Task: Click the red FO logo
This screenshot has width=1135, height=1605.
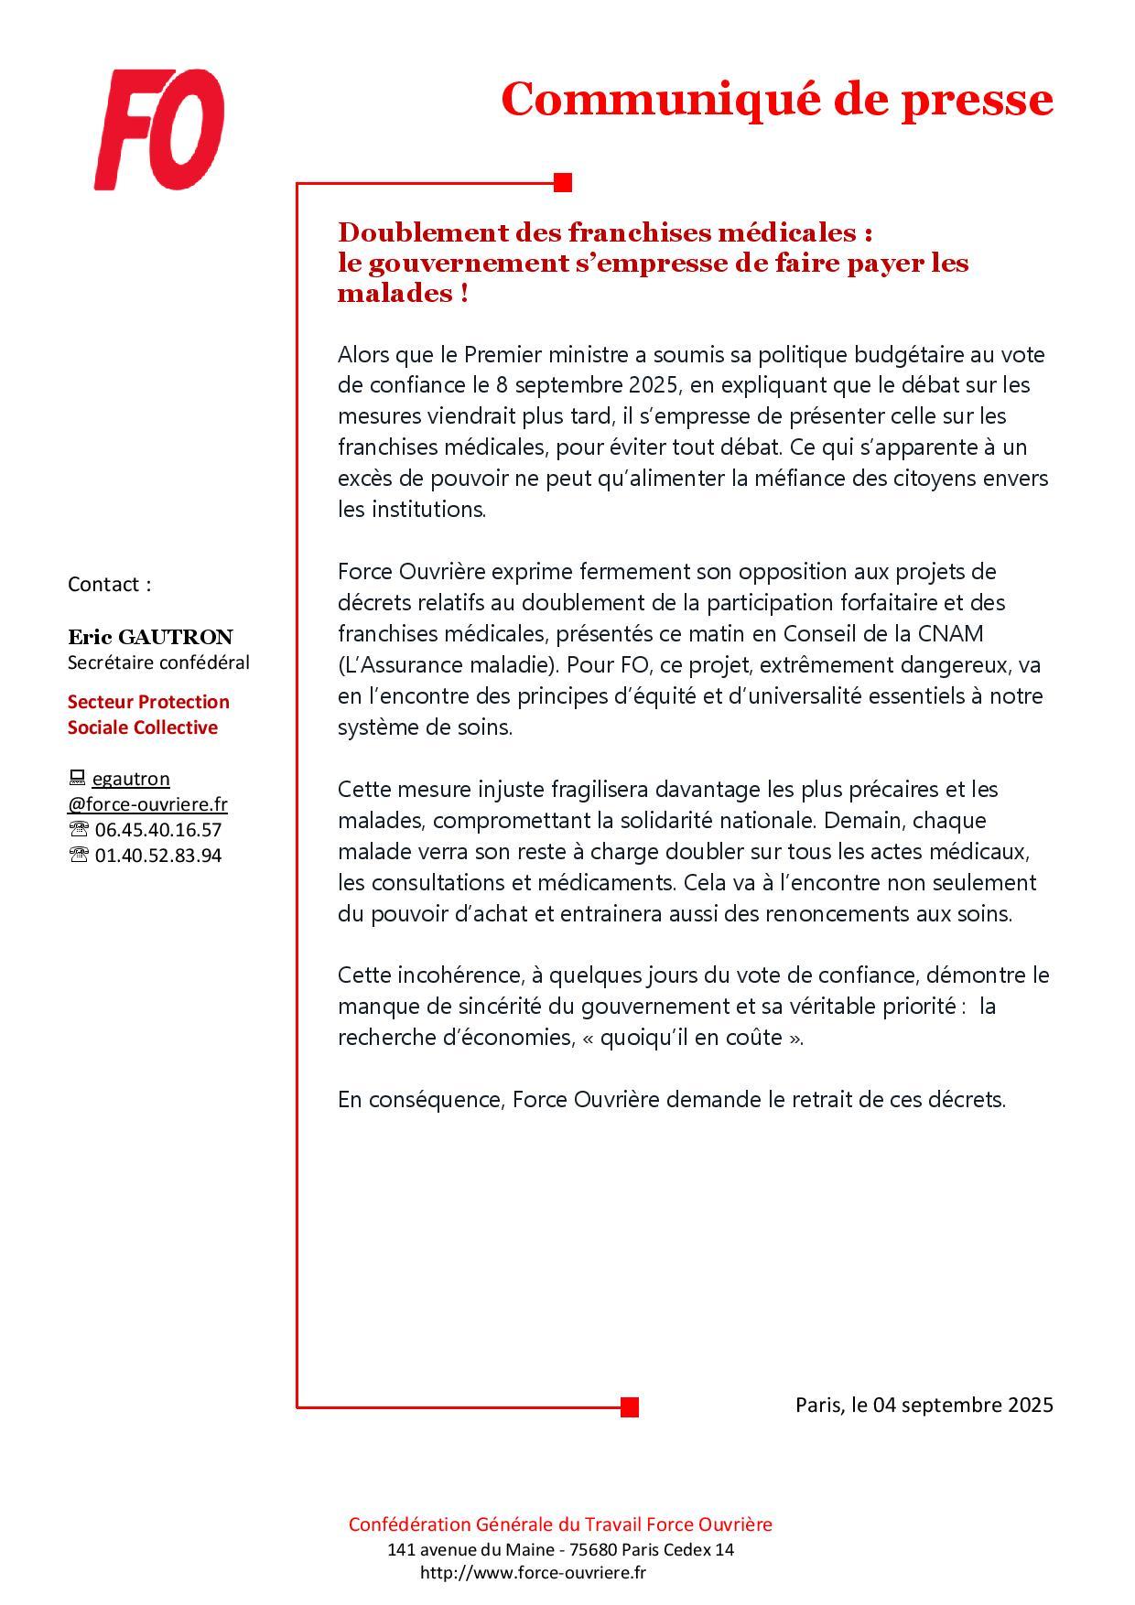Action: point(159,130)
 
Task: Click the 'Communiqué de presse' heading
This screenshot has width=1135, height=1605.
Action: point(776,99)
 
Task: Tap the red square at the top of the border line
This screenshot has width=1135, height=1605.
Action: point(563,183)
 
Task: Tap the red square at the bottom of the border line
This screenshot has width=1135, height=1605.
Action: point(629,1406)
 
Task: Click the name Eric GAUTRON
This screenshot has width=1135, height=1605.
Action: point(150,637)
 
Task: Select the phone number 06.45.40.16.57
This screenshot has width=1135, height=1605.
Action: point(157,830)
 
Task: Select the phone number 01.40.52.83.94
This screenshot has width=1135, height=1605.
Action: point(157,856)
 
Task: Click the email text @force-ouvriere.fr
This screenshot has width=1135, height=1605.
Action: point(147,804)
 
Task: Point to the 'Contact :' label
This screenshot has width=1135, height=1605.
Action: point(109,584)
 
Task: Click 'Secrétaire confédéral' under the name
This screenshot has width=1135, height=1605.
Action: point(158,662)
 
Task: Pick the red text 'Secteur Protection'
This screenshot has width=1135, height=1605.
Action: point(148,702)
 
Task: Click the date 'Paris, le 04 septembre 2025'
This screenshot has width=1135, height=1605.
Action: point(924,1404)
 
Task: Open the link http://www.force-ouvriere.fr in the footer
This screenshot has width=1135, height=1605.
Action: point(533,1572)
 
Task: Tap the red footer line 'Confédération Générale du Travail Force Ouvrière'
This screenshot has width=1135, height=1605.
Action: point(560,1524)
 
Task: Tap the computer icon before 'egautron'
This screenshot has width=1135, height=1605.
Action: point(77,779)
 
